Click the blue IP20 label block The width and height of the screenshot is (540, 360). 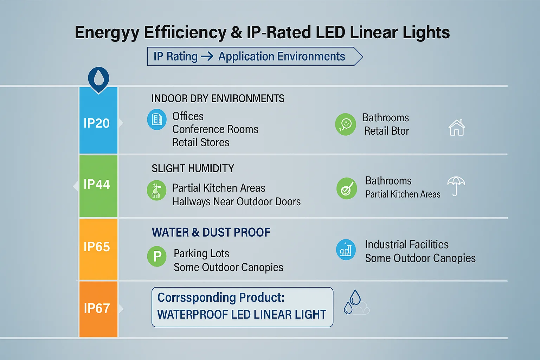pyautogui.click(x=98, y=121)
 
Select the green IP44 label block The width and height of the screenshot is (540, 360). pyautogui.click(x=98, y=186)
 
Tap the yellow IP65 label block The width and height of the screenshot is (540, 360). pyautogui.click(x=98, y=249)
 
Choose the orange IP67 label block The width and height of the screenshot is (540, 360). pyautogui.click(x=98, y=309)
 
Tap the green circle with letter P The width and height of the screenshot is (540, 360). pyautogui.click(x=157, y=256)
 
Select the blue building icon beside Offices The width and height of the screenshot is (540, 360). pyautogui.click(x=157, y=120)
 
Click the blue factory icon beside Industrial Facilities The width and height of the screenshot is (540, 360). pyautogui.click(x=346, y=250)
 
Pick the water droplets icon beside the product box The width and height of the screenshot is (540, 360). pyautogui.click(x=355, y=303)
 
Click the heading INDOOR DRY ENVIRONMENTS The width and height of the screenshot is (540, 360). pyautogui.click(x=218, y=98)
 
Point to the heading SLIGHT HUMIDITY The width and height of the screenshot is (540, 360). pyautogui.click(x=193, y=168)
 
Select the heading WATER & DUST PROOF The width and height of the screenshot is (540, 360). pyautogui.click(x=211, y=232)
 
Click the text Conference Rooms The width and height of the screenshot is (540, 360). pyautogui.click(x=215, y=129)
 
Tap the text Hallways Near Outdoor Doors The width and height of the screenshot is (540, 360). pyautogui.click(x=237, y=202)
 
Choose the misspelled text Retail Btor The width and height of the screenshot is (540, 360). pyautogui.click(x=386, y=131)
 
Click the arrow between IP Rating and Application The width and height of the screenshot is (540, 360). pyautogui.click(x=207, y=56)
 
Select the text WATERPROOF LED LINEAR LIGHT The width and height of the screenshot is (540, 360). pyautogui.click(x=242, y=314)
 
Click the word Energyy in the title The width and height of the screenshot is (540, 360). pyautogui.click(x=107, y=33)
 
